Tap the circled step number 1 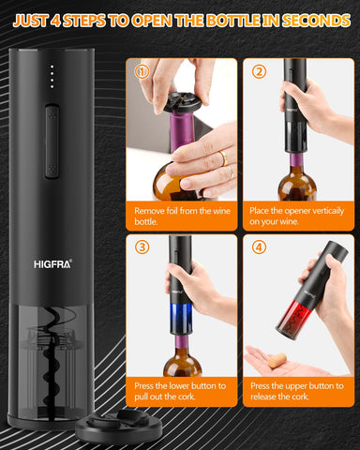click(142, 70)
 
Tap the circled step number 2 click(260, 70)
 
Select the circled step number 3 click(142, 247)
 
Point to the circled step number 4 click(260, 247)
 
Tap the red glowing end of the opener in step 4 click(297, 315)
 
